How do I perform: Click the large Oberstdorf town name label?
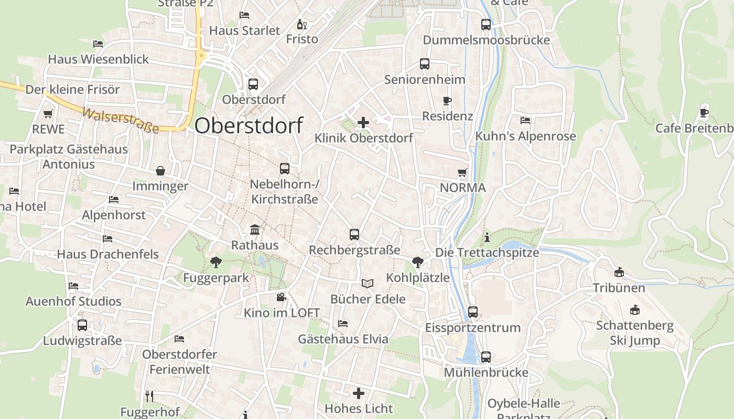coord(249,126)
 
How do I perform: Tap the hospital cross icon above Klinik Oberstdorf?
coord(363,123)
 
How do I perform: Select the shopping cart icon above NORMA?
coord(462,172)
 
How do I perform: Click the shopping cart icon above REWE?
coord(48,114)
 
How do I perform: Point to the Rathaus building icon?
coord(255,229)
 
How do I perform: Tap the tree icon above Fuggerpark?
coord(215,262)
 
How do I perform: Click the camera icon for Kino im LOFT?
coord(282,297)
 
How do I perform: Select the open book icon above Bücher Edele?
coord(368,283)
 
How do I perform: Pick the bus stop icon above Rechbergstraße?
coord(354,235)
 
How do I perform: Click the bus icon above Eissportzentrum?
coord(473,312)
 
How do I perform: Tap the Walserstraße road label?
coord(121,120)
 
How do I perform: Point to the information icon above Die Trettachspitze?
coord(487,238)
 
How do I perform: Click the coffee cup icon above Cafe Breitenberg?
coord(704,113)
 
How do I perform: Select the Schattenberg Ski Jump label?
coord(635,333)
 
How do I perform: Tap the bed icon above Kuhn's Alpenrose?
coord(525,120)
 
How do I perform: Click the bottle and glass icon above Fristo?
coord(302,24)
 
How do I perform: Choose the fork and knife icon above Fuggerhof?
coord(149,396)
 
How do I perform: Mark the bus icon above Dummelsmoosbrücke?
coord(486,25)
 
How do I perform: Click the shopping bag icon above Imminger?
coord(160,171)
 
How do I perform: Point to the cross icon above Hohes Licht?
coord(359,393)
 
